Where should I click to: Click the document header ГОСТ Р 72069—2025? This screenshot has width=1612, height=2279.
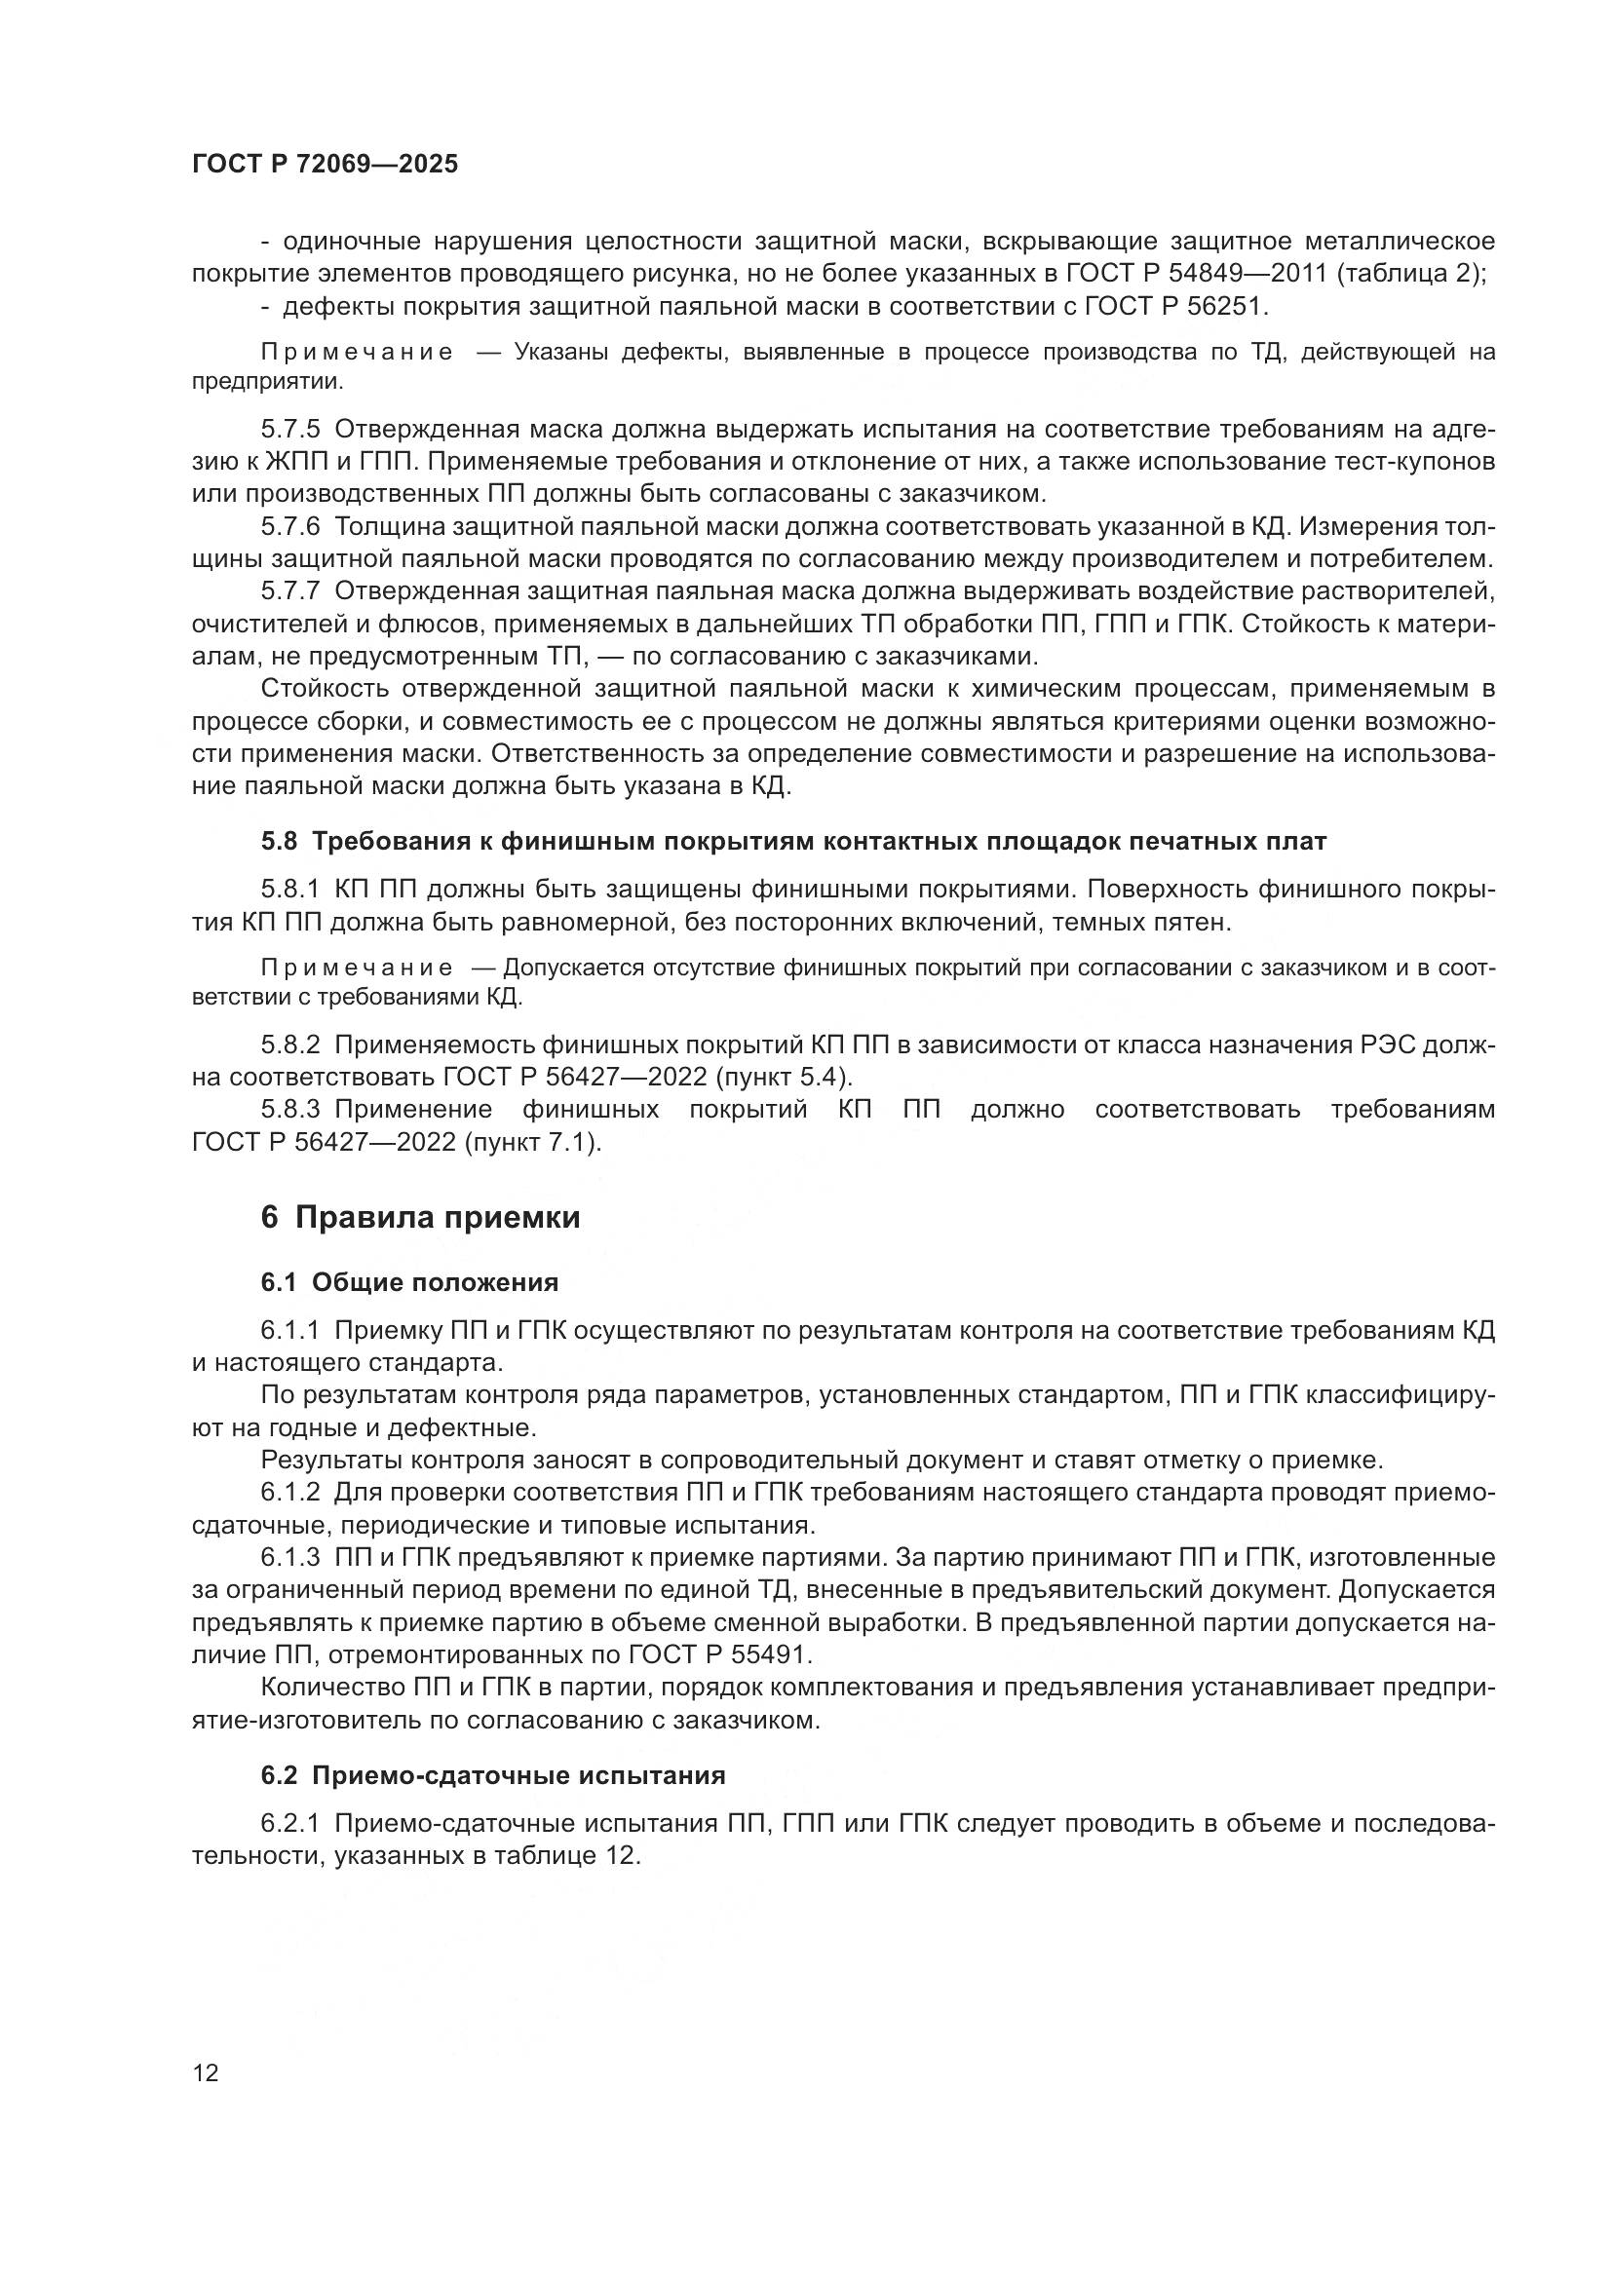pos(325,165)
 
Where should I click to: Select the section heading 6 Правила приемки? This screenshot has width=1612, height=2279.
pos(420,1217)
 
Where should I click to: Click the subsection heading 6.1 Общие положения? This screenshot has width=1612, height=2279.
pos(409,1282)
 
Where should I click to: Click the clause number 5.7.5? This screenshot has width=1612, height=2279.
pos(290,429)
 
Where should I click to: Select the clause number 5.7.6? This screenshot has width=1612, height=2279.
pos(290,526)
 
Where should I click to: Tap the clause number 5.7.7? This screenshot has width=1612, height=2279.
pos(290,590)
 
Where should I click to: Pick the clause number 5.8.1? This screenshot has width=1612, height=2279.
pos(290,890)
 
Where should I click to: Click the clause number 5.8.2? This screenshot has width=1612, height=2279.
pos(290,1045)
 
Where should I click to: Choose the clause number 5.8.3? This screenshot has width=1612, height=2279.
pos(290,1109)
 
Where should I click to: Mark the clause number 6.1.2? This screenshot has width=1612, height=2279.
pos(290,1492)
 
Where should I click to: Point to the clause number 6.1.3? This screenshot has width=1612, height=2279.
pos(290,1557)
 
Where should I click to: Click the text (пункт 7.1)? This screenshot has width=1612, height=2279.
pos(532,1143)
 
